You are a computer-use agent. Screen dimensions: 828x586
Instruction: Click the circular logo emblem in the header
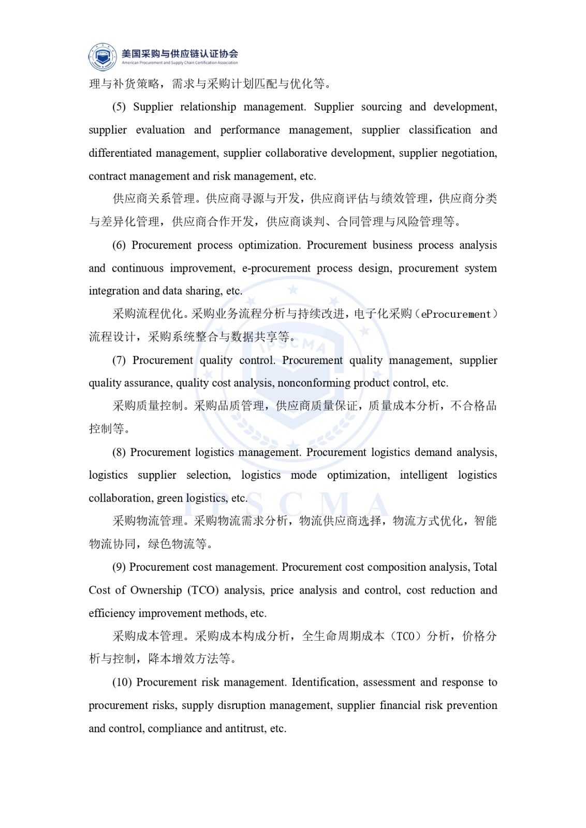click(102, 56)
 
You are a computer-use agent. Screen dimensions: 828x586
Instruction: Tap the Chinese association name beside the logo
click(180, 53)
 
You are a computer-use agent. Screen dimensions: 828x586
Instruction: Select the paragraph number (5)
click(119, 107)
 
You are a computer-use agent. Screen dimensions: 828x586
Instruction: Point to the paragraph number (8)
click(119, 452)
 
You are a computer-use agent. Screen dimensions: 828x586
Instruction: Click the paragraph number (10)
click(122, 682)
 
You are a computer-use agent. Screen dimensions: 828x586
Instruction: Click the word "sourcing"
click(381, 107)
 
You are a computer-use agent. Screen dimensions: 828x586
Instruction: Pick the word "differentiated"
click(120, 153)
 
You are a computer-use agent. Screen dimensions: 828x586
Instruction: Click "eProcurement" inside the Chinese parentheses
click(456, 314)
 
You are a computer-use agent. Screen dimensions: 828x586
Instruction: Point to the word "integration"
click(114, 291)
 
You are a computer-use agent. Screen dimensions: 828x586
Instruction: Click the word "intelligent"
click(423, 475)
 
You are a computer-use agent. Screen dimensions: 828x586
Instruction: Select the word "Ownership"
click(156, 590)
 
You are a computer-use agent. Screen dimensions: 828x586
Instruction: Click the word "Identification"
click(324, 682)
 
